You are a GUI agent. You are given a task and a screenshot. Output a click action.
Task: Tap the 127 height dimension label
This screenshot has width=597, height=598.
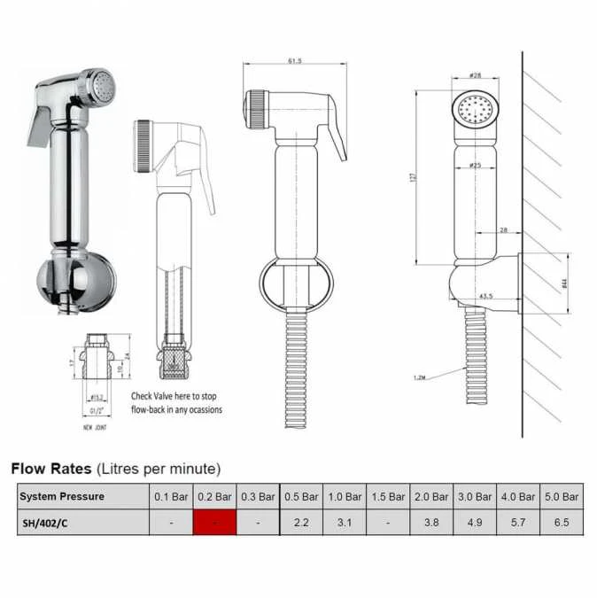(413, 177)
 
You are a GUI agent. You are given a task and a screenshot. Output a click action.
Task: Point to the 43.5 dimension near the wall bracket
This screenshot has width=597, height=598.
(485, 296)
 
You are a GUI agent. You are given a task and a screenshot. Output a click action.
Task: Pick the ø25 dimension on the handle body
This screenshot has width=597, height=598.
(475, 166)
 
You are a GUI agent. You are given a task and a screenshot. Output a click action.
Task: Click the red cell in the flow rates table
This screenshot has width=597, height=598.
(214, 523)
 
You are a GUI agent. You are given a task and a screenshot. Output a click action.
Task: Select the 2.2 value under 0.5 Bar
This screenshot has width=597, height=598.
(301, 523)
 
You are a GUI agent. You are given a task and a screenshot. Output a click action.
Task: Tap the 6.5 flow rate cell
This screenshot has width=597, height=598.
(561, 523)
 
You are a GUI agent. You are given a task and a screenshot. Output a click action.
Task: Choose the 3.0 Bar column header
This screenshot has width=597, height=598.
(475, 497)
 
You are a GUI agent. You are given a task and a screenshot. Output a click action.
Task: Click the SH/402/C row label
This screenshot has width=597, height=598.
(43, 523)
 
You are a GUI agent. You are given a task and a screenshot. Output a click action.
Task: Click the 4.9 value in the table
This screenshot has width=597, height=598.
(475, 523)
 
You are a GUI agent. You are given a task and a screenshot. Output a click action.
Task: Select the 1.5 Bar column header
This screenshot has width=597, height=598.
(388, 497)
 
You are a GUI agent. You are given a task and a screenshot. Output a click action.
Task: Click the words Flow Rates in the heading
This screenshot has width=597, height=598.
(49, 468)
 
